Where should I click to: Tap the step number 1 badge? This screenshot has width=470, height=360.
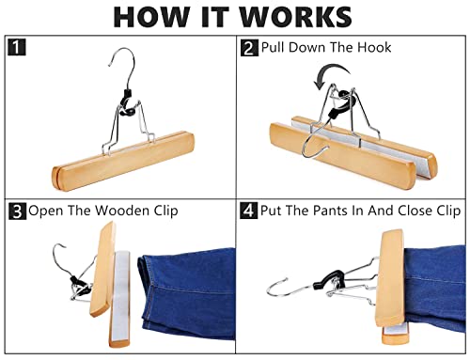click(16, 47)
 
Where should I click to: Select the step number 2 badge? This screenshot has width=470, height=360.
click(249, 48)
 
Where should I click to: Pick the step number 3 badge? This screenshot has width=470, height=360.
click(18, 211)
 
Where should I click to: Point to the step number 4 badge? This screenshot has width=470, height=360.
click(248, 211)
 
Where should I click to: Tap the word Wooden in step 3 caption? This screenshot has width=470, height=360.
click(122, 211)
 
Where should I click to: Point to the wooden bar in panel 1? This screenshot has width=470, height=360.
click(123, 160)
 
